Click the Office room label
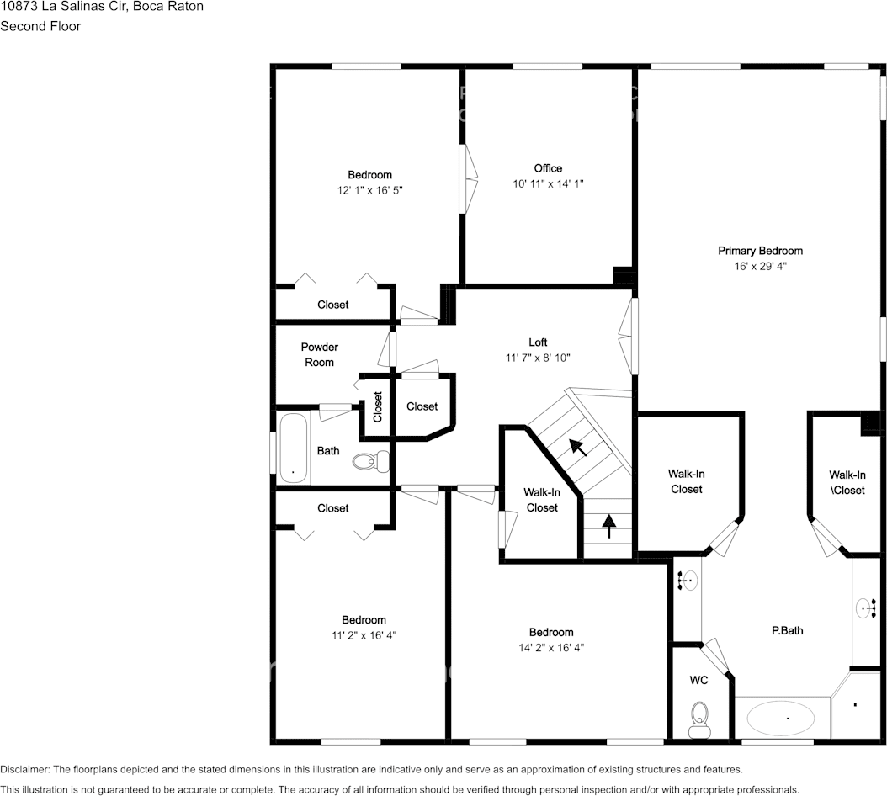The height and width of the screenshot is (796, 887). coord(548,168)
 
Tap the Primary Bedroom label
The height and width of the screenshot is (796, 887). coord(760,251)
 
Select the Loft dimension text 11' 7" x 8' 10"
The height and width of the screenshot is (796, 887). coord(538,358)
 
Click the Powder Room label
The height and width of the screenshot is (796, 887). coord(320,354)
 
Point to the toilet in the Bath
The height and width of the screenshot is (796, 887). coord(371,460)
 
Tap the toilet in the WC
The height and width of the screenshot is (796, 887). coord(698,716)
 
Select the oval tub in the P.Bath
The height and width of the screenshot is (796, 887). coord(781,719)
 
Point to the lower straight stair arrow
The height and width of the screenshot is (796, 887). coord(608,526)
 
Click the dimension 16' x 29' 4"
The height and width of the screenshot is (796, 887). coord(760,266)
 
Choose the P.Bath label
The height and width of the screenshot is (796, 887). coord(788,630)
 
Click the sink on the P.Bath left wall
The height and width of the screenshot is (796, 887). coord(688,580)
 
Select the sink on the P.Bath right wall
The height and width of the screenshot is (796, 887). coord(866,608)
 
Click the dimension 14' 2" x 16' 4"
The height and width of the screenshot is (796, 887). coord(551,648)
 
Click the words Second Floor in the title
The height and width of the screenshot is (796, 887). coord(40,26)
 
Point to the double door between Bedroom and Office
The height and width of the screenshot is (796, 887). coord(468,178)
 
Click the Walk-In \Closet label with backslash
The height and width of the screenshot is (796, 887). coord(847,482)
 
